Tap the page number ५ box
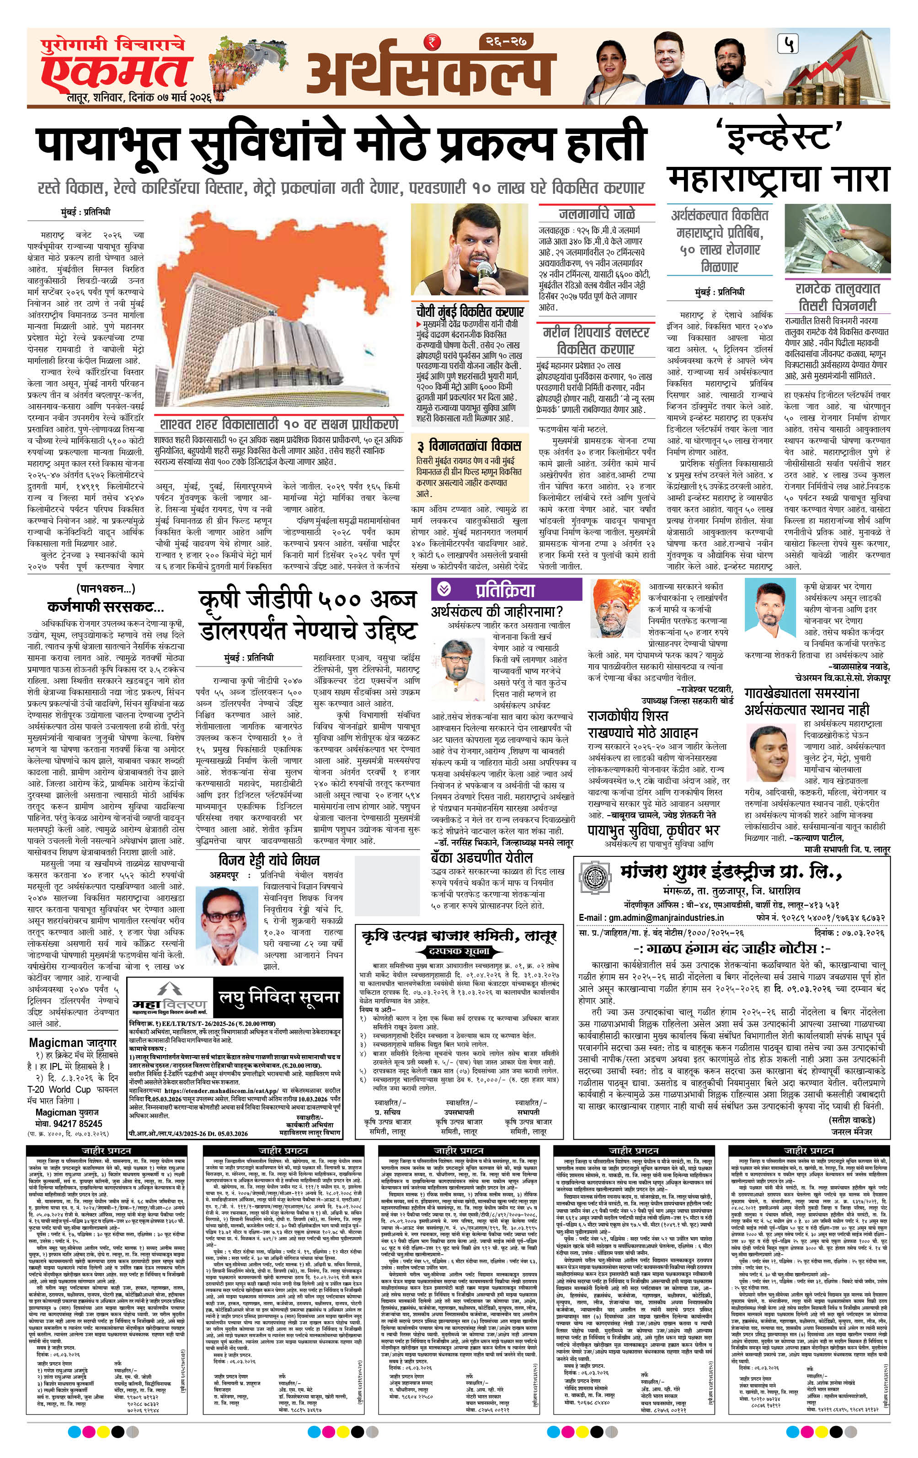coord(790,43)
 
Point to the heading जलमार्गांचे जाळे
coord(597,214)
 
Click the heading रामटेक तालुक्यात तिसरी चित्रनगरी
coord(838,296)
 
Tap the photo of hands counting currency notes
coord(838,240)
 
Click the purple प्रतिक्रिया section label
coord(504,590)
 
